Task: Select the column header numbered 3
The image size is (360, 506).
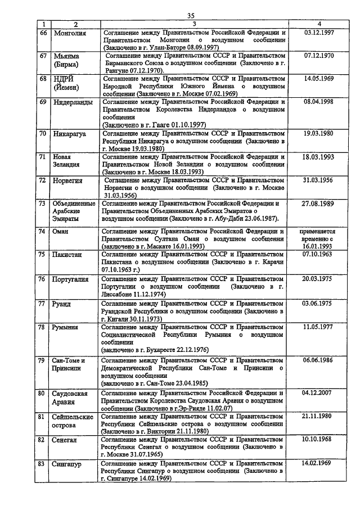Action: click(194, 25)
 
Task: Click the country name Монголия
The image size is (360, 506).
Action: click(70, 33)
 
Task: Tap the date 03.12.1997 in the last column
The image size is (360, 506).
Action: click(319, 33)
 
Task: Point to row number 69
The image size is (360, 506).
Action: click(42, 102)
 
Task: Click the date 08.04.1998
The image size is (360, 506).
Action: click(319, 102)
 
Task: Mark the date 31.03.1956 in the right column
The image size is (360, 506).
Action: click(319, 180)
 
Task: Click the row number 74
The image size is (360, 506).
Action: click(42, 231)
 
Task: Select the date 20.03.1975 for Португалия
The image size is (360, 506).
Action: click(319, 278)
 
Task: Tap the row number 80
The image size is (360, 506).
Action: click(42, 393)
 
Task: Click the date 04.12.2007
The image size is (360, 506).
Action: click(319, 393)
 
